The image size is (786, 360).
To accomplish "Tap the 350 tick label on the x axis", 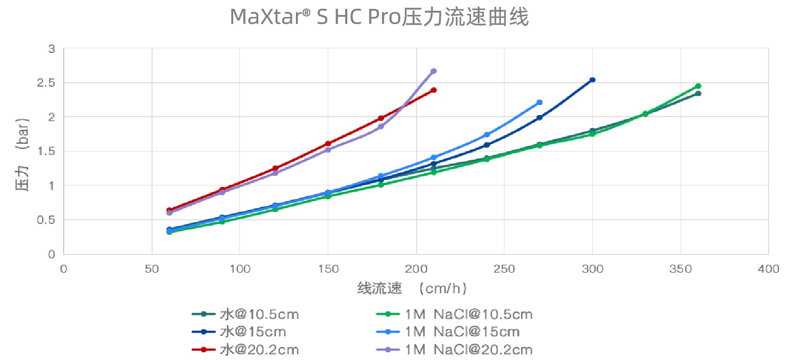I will coord(681,268).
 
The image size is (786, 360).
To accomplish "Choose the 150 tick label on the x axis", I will coord(328,268).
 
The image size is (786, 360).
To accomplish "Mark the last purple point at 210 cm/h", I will coord(434,71).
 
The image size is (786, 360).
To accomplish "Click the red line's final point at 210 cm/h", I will coord(434,90).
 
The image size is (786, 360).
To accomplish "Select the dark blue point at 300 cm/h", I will coord(592,80).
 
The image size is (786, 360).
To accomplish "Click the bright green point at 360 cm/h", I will coord(698,86).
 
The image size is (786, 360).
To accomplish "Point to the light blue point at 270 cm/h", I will coord(539,103).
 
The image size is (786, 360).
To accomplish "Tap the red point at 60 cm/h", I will coord(169,210).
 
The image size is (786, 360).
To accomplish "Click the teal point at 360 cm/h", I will coord(698,93).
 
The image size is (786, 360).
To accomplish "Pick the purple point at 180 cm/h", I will coord(381,126).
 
